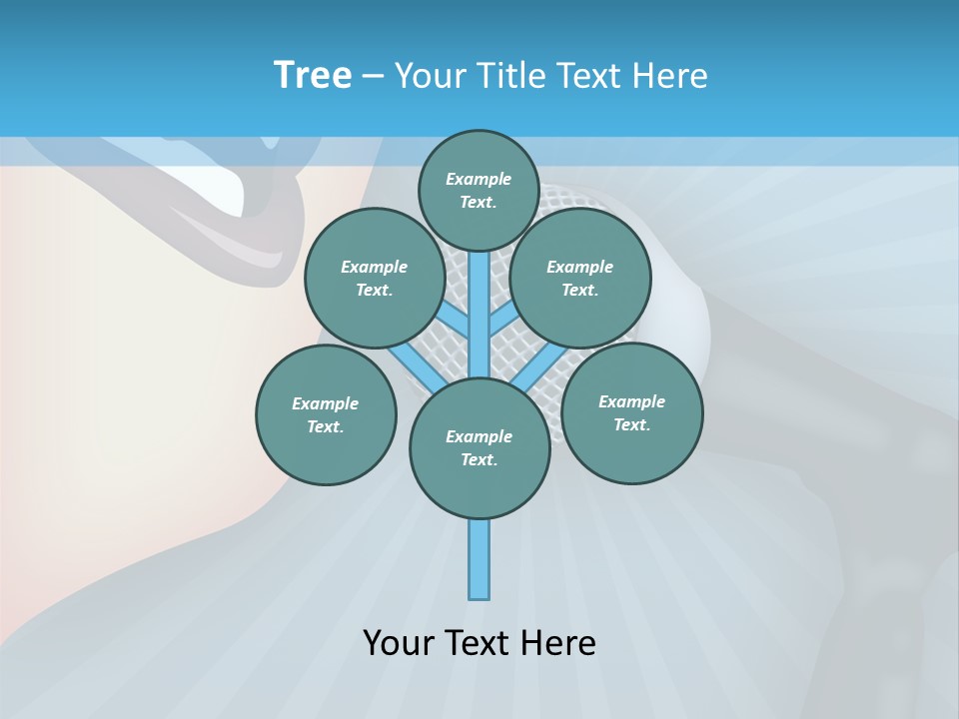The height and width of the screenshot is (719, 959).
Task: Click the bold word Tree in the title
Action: (313, 76)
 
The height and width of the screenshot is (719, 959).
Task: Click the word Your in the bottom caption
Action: (400, 643)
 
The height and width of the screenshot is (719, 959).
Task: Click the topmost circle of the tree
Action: (479, 190)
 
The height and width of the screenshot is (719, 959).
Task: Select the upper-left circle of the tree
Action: (375, 278)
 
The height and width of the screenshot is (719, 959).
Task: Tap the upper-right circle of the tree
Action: (580, 278)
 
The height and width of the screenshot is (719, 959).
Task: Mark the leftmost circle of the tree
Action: (326, 414)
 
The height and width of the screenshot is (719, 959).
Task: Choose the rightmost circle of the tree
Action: (631, 412)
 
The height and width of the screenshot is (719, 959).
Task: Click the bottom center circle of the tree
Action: (479, 447)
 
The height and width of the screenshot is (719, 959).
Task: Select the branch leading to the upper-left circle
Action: (455, 323)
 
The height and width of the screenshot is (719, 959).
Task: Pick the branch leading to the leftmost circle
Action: (413, 366)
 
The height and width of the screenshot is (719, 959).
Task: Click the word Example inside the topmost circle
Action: (479, 179)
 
